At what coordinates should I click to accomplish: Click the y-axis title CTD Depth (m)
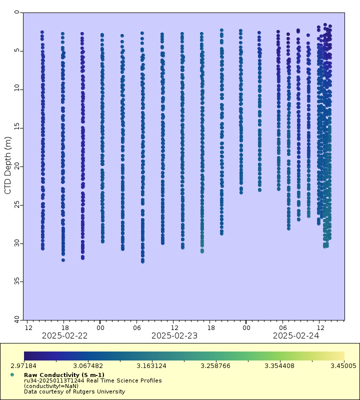[7, 165]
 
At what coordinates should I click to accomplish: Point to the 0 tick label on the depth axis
[17, 12]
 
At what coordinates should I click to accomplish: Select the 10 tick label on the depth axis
[17, 88]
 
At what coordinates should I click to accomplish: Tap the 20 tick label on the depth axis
[17, 165]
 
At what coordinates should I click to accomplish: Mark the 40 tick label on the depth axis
[17, 319]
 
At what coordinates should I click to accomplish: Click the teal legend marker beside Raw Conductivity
[12, 374]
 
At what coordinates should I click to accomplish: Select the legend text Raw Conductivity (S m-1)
[64, 375]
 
